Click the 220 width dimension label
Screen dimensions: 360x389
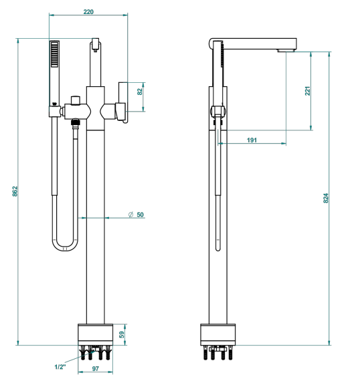click(x=88, y=11)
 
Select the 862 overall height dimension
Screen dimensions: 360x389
click(x=15, y=191)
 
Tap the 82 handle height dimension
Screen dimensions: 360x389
click(x=140, y=92)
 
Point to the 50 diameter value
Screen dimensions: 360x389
click(x=140, y=215)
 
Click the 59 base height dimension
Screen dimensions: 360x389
click(x=122, y=335)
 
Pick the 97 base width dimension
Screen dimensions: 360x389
click(x=96, y=369)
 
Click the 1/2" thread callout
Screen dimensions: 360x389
click(x=60, y=367)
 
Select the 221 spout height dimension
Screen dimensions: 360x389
click(x=308, y=91)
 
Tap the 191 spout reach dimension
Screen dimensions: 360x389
click(x=252, y=140)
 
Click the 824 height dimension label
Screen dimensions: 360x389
click(x=326, y=199)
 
